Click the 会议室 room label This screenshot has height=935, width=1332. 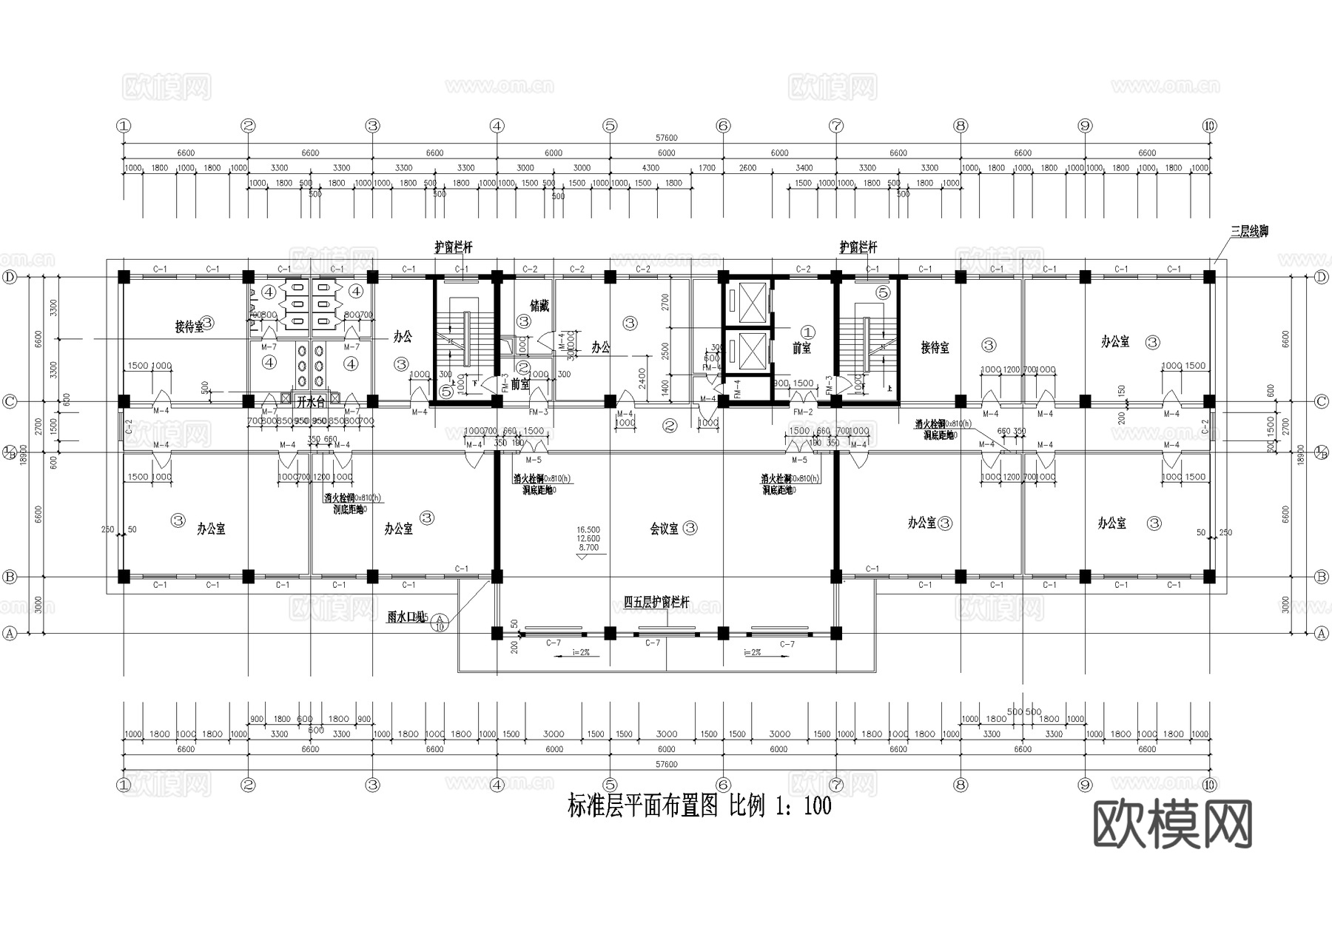(x=664, y=529)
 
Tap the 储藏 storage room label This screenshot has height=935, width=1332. (x=539, y=306)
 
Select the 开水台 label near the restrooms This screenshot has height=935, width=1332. (x=311, y=403)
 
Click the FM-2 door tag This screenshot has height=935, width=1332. (x=803, y=412)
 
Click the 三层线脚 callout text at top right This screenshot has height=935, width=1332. (x=1249, y=232)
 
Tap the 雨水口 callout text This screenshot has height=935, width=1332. (x=405, y=616)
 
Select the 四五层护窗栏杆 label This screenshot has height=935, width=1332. (x=656, y=603)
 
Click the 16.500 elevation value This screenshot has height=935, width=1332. (x=588, y=530)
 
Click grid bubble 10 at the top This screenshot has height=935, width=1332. (x=1209, y=126)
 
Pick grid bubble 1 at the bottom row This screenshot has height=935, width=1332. (x=124, y=785)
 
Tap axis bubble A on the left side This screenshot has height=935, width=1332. (x=10, y=634)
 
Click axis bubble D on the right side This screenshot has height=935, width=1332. (x=1322, y=277)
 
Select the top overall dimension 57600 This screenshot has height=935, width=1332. (x=666, y=138)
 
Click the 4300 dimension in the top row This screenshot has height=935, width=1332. (x=650, y=168)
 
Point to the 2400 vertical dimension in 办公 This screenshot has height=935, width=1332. (x=642, y=378)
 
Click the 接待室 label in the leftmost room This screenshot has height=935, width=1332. (x=189, y=326)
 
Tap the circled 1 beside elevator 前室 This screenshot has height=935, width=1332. (x=808, y=332)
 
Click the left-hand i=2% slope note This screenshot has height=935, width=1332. (x=580, y=652)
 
